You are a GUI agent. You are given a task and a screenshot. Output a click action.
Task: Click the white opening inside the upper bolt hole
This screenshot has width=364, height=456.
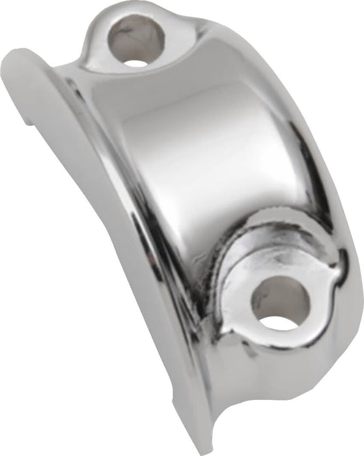pyautogui.click(x=135, y=63)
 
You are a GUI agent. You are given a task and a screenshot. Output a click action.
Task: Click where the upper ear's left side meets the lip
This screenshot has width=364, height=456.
pyautogui.click(x=88, y=52)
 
